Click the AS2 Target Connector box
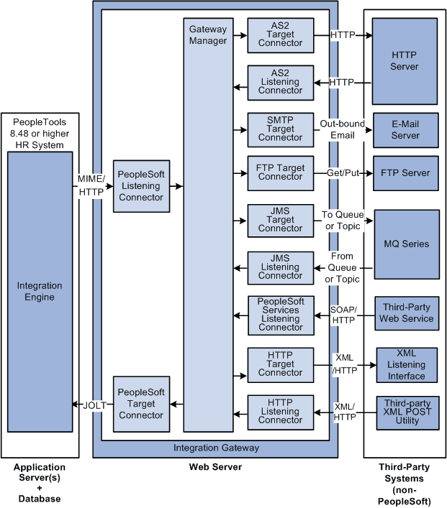click(281, 34)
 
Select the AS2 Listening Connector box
click(281, 82)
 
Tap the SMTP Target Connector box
click(281, 129)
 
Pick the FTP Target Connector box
click(281, 173)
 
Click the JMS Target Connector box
click(281, 220)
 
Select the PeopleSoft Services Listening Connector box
click(281, 315)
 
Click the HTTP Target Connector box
click(281, 364)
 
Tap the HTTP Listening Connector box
click(281, 412)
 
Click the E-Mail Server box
click(405, 130)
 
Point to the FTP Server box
click(405, 173)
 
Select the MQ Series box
click(405, 244)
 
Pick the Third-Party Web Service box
click(407, 313)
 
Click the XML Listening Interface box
click(407, 365)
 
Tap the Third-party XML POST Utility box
click(407, 412)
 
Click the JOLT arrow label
click(94, 405)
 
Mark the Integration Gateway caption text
click(216, 448)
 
